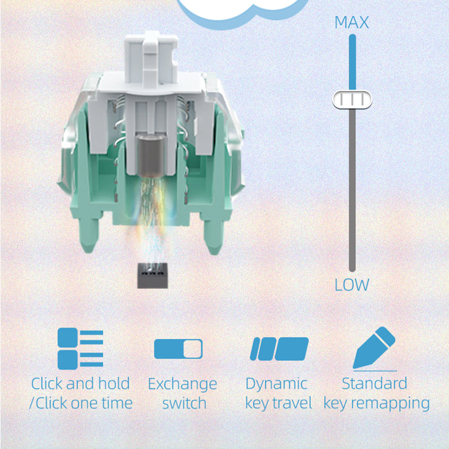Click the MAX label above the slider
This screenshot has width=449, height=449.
pos(352,22)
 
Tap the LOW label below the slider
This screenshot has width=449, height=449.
pos(352,285)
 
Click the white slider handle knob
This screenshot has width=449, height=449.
pos(352,100)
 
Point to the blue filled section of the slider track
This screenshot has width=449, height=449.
pos(352,62)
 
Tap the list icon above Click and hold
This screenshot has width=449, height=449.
pos(80,349)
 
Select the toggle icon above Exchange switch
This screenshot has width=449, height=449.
pos(178,349)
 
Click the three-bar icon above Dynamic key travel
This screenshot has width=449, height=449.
pos(279,349)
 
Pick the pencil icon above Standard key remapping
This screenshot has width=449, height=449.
pos(374,349)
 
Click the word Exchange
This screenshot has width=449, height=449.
pos(182,384)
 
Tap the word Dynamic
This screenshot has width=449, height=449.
pos(276,384)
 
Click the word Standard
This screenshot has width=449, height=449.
pos(374,383)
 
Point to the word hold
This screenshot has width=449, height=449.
pos(114,383)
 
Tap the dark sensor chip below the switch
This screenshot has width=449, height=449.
pos(152,276)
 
